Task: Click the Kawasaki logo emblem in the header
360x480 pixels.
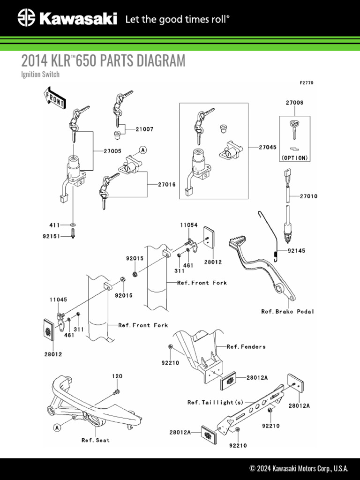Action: (27, 19)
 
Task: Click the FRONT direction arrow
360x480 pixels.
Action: (54, 97)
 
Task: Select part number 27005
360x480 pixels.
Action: (112, 151)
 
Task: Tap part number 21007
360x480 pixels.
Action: (144, 129)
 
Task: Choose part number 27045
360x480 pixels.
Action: (268, 147)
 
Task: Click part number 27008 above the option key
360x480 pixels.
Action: (294, 102)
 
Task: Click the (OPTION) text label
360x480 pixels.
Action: (295, 158)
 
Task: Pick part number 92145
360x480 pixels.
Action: (296, 251)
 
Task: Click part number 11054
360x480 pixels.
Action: (189, 225)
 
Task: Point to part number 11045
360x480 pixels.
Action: (58, 300)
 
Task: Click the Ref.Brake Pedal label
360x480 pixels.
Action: (288, 311)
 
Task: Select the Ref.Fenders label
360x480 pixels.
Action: (246, 347)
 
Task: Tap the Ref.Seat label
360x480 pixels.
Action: (96, 440)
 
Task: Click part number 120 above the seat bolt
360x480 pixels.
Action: (117, 376)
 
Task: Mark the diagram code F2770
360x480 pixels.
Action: (307, 83)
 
